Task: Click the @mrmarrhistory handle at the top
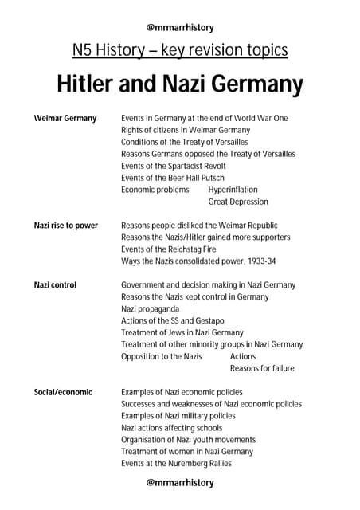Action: [x=180, y=27]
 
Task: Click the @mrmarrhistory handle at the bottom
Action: [x=180, y=482]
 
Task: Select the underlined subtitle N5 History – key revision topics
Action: [x=180, y=51]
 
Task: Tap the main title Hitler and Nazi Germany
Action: [x=180, y=84]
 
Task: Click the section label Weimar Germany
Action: [x=65, y=118]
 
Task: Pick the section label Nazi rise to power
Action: [x=66, y=226]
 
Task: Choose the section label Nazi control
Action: [x=55, y=284]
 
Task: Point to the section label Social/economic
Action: [x=63, y=392]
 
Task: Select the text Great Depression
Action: [x=238, y=202]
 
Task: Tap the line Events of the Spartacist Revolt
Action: [x=174, y=166]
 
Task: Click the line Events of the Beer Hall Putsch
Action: [x=173, y=178]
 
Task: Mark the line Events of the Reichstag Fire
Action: [x=169, y=249]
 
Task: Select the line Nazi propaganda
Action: [x=151, y=308]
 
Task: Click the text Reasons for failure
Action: [x=262, y=368]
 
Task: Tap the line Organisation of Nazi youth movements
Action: [x=189, y=440]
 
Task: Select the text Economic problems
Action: [x=155, y=190]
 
